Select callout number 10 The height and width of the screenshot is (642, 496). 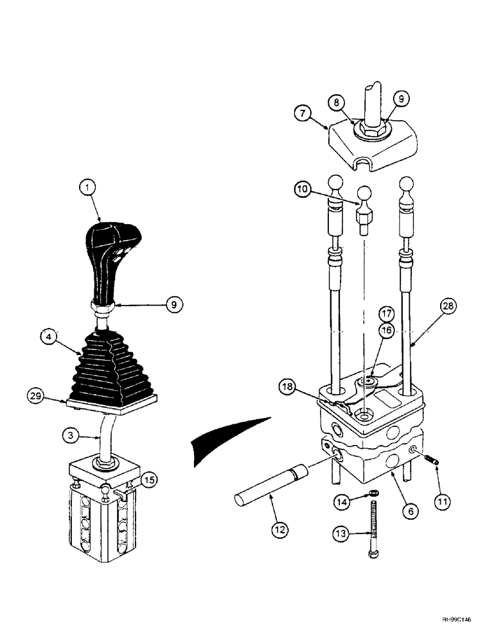click(x=304, y=189)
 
